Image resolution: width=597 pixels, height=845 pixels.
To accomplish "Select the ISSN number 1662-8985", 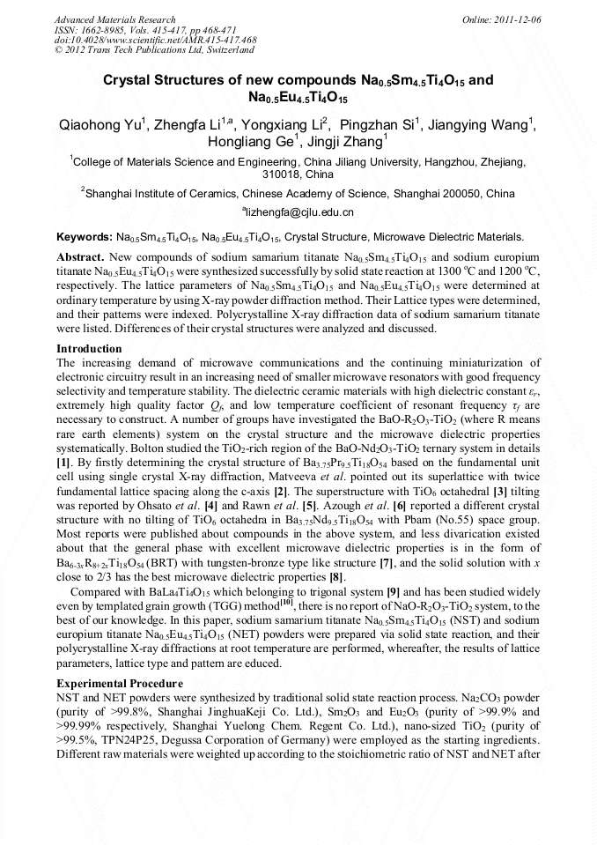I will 101,30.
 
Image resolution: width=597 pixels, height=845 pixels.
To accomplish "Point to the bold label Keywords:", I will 84,237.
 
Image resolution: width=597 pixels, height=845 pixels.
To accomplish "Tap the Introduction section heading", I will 89,349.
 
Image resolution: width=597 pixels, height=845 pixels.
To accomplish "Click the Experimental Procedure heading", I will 120,684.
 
